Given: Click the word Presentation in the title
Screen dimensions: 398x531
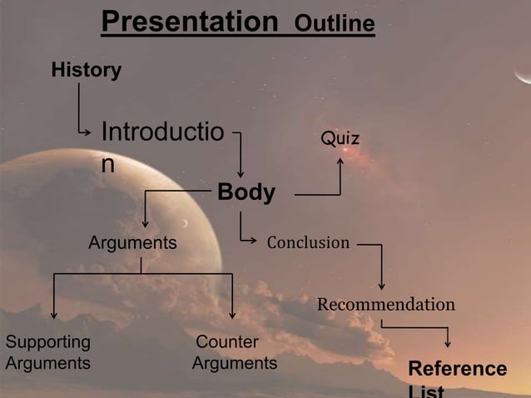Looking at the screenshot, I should [189, 22].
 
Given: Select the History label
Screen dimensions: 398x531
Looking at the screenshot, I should [86, 70].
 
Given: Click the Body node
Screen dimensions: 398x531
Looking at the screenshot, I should [246, 193].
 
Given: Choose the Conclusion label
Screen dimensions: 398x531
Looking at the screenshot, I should [308, 243].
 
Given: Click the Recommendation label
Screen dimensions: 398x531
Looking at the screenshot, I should [385, 304].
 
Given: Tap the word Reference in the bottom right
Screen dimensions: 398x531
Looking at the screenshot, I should [457, 369].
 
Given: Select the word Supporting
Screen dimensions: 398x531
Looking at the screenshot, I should [48, 342].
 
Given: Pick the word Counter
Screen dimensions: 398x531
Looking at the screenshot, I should [227, 342].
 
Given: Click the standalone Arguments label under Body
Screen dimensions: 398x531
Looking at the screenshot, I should [133, 243].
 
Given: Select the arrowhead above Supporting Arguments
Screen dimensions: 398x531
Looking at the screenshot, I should [54, 316].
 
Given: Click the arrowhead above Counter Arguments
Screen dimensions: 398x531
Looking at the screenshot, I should [232, 316].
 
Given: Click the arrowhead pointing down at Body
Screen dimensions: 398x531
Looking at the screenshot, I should [241, 174].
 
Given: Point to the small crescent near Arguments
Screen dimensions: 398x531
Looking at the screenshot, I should [186, 222].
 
